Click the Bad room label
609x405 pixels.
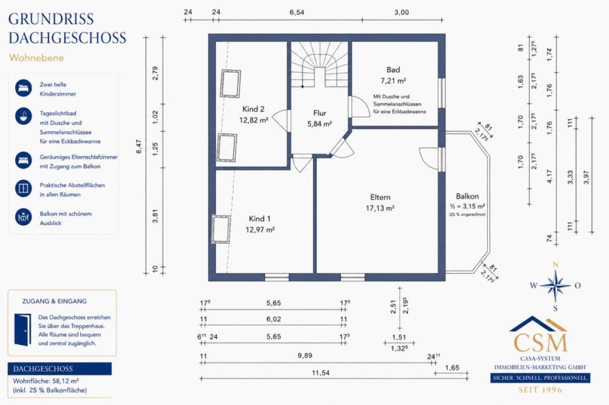pyautogui.click(x=393, y=70)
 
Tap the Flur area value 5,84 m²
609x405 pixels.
pyautogui.click(x=319, y=124)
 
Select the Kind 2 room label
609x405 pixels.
pyautogui.click(x=254, y=109)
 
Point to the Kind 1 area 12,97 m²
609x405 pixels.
pyautogui.click(x=260, y=230)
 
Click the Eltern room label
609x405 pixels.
pyautogui.click(x=380, y=197)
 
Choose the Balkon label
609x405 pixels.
pyautogui.click(x=468, y=196)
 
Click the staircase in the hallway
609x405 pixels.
pyautogui.click(x=320, y=64)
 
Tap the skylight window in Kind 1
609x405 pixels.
pyautogui.click(x=221, y=229)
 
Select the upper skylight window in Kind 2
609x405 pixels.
pyautogui.click(x=230, y=83)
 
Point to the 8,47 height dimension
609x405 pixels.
pyautogui.click(x=139, y=146)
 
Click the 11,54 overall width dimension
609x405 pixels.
pyautogui.click(x=321, y=373)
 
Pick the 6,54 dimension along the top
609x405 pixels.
pyautogui.click(x=296, y=13)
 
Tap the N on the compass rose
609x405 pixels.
pyautogui.click(x=556, y=265)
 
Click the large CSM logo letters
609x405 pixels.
pyautogui.click(x=540, y=343)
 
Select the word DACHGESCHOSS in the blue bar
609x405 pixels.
pyautogui.click(x=43, y=369)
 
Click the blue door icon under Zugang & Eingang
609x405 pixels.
pyautogui.click(x=23, y=330)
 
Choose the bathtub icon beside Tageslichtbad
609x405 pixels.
pyautogui.click(x=23, y=116)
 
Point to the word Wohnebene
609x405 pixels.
pyautogui.click(x=36, y=58)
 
